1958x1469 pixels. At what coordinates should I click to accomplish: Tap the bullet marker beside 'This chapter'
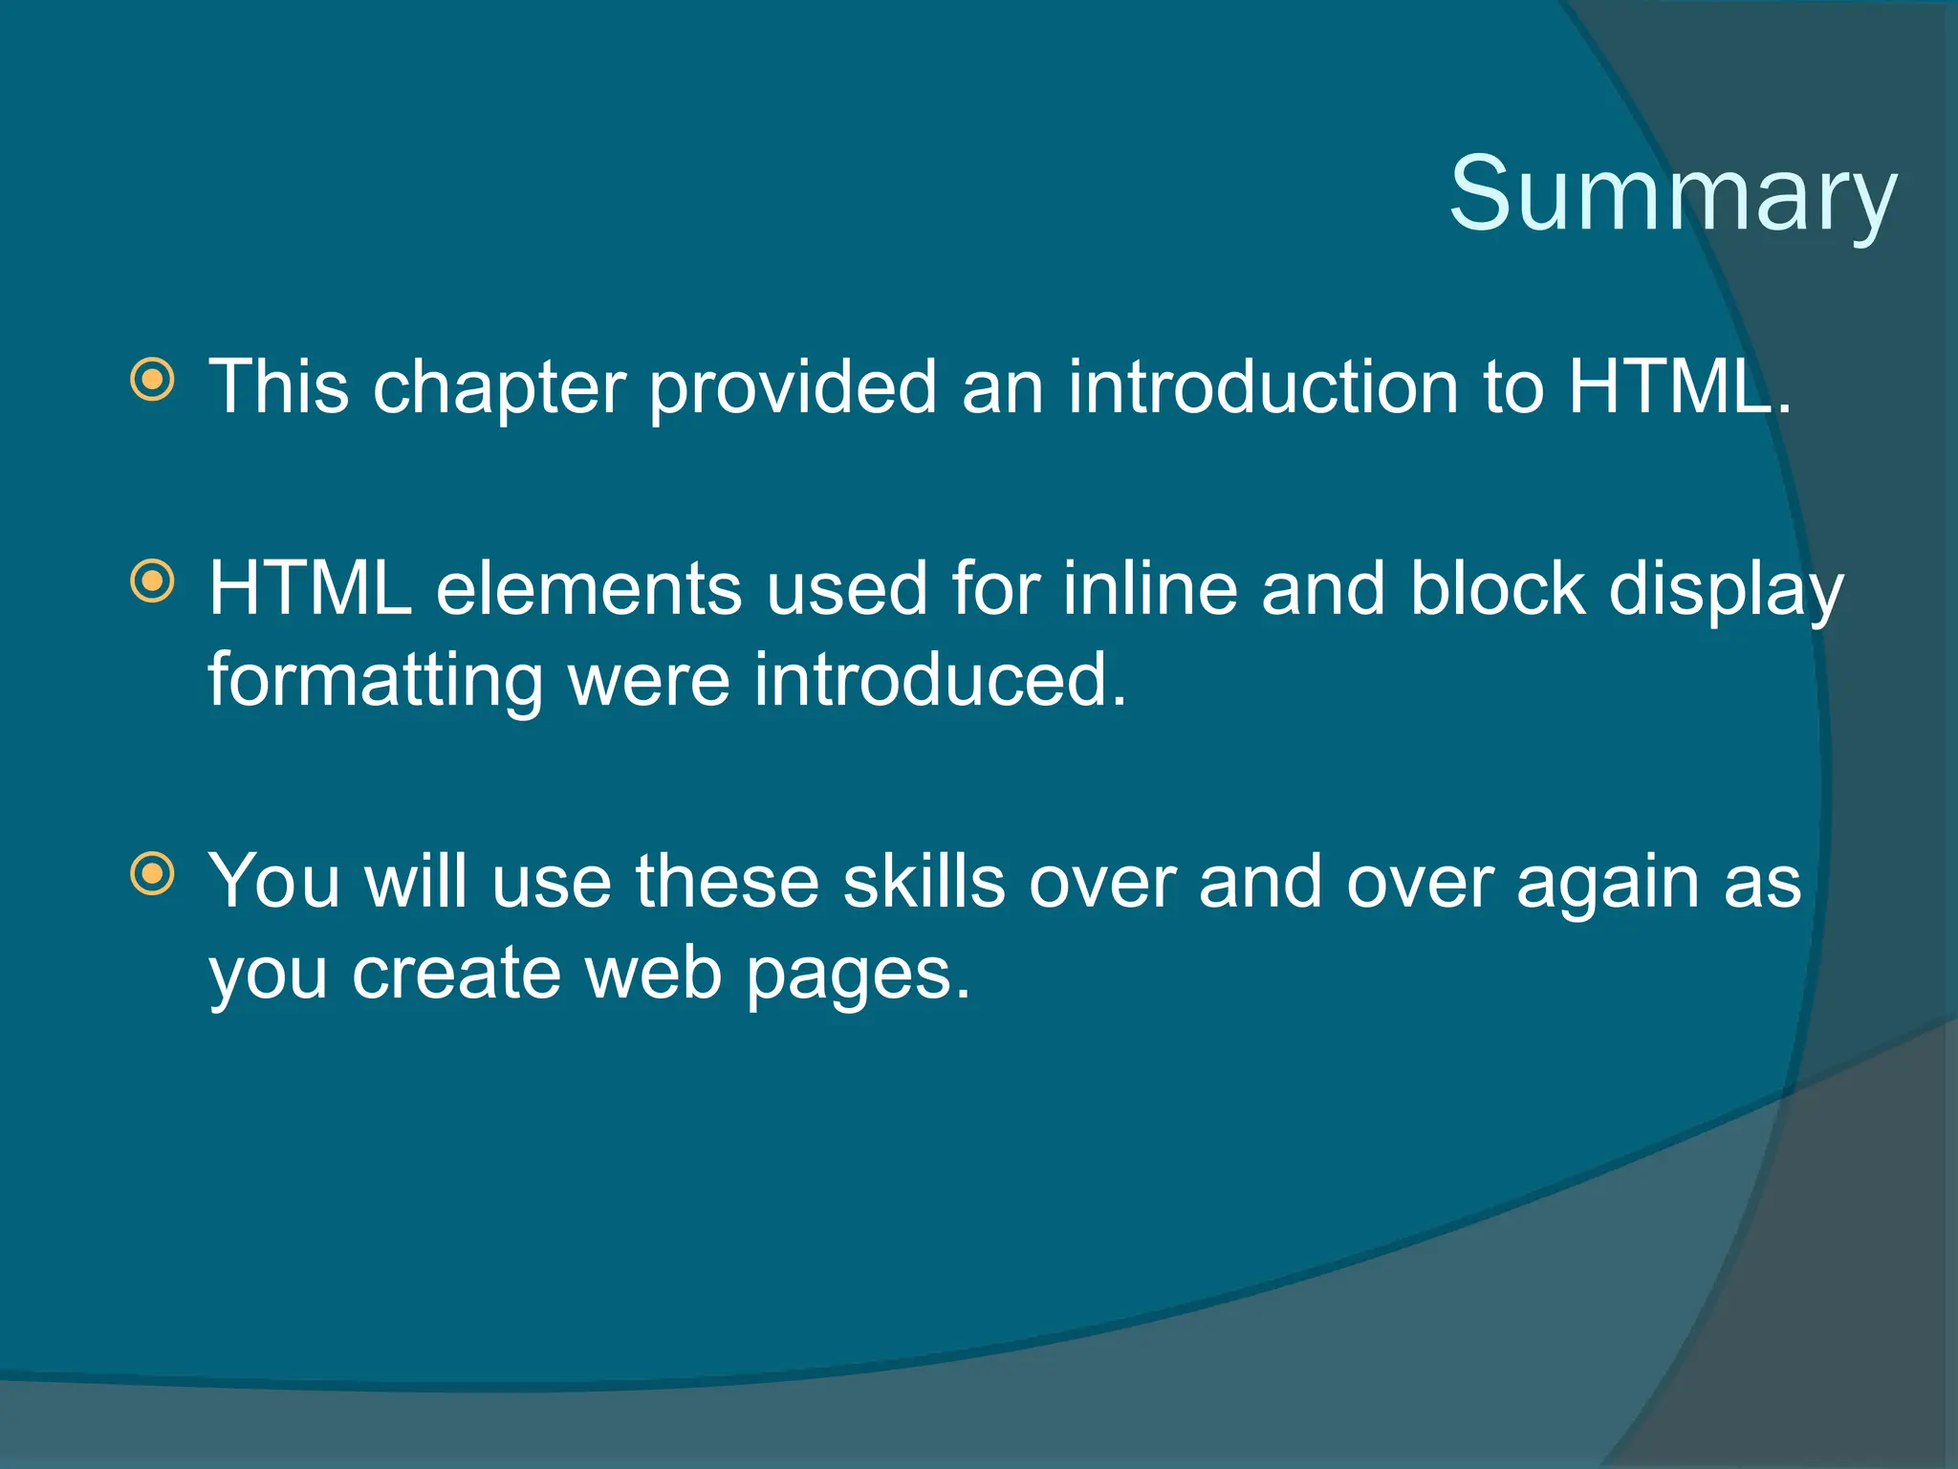point(152,380)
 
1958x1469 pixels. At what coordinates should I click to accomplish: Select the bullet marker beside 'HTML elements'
point(152,581)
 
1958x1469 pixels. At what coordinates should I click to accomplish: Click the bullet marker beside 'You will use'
point(152,873)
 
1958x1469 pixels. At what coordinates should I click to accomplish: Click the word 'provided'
point(793,387)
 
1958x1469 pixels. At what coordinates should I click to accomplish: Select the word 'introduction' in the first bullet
point(1263,387)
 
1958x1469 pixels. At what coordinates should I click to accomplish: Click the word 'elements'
point(588,589)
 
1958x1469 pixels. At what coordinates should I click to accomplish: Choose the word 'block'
point(1497,588)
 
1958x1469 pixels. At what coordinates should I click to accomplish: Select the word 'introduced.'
point(940,680)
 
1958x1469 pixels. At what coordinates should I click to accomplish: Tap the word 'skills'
point(924,881)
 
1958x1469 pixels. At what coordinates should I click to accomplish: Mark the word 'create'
point(456,975)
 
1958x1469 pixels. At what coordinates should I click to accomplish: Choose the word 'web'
point(653,975)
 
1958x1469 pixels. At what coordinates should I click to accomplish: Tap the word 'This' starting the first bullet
point(279,387)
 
